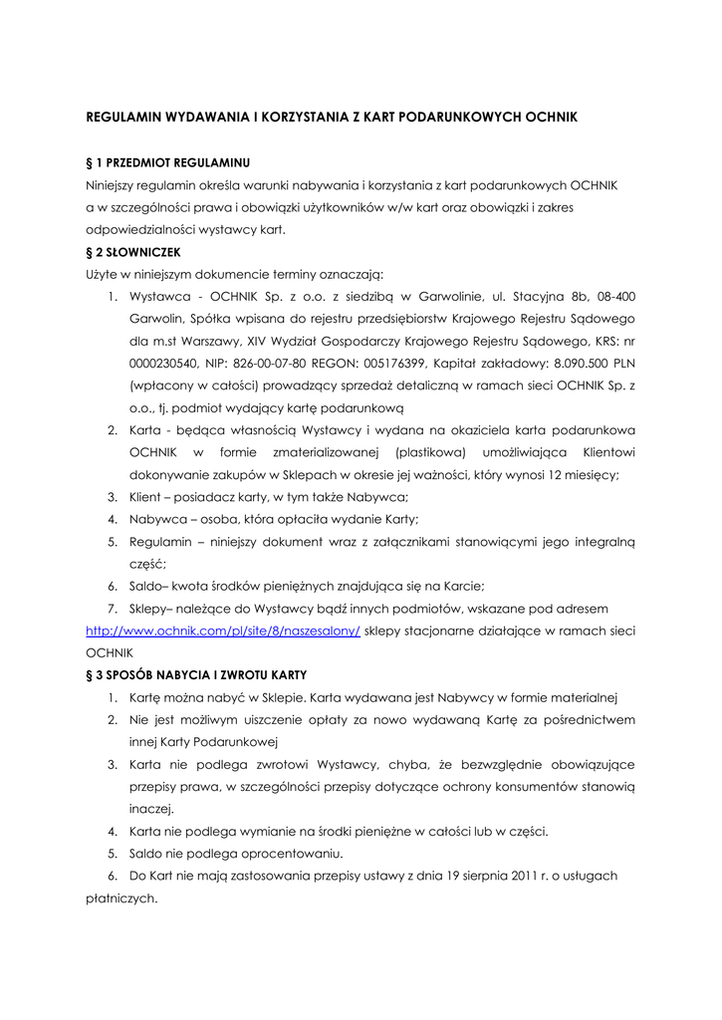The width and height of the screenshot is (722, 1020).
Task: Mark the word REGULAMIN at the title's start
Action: [126, 117]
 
